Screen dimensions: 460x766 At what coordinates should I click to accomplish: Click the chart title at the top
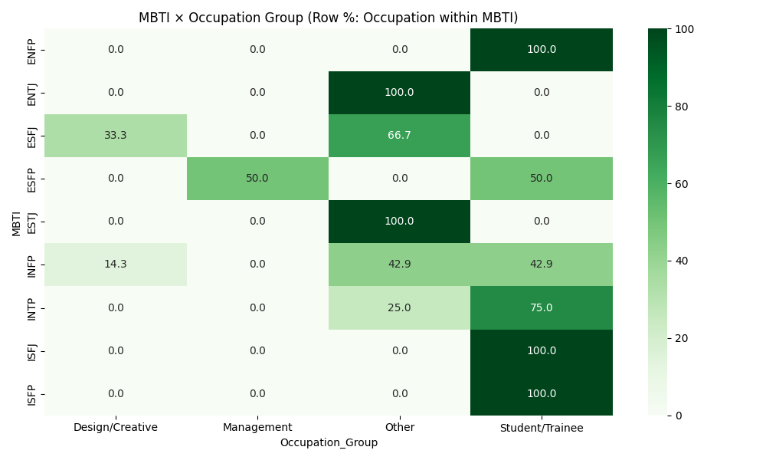coord(328,18)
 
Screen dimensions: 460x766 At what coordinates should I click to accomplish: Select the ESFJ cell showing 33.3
coord(116,136)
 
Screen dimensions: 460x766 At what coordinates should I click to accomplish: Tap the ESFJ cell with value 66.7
coord(399,136)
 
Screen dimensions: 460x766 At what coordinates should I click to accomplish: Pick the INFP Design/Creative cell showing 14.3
coord(116,264)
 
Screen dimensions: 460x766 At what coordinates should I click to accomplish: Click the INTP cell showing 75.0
coord(542,307)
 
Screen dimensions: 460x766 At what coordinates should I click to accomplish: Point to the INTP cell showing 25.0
coord(399,307)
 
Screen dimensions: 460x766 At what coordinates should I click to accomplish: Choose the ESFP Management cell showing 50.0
coord(257,179)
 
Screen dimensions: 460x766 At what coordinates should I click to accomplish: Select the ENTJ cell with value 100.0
coord(399,93)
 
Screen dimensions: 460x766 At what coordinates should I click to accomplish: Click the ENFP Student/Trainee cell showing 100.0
coord(542,50)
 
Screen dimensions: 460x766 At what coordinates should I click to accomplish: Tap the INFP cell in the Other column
coord(399,264)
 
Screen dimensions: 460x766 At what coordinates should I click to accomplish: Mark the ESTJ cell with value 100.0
coord(399,222)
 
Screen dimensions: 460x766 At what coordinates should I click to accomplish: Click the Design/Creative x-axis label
coord(116,427)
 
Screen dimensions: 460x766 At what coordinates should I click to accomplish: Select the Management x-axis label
coord(257,427)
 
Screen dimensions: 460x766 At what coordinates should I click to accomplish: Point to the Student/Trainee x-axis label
coord(542,427)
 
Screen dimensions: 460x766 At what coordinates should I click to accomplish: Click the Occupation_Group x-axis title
coord(329,442)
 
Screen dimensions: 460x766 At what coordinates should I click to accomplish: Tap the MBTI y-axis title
coord(17,222)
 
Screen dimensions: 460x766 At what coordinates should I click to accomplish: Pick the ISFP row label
coord(31,393)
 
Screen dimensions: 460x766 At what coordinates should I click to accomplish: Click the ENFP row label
coord(31,50)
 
